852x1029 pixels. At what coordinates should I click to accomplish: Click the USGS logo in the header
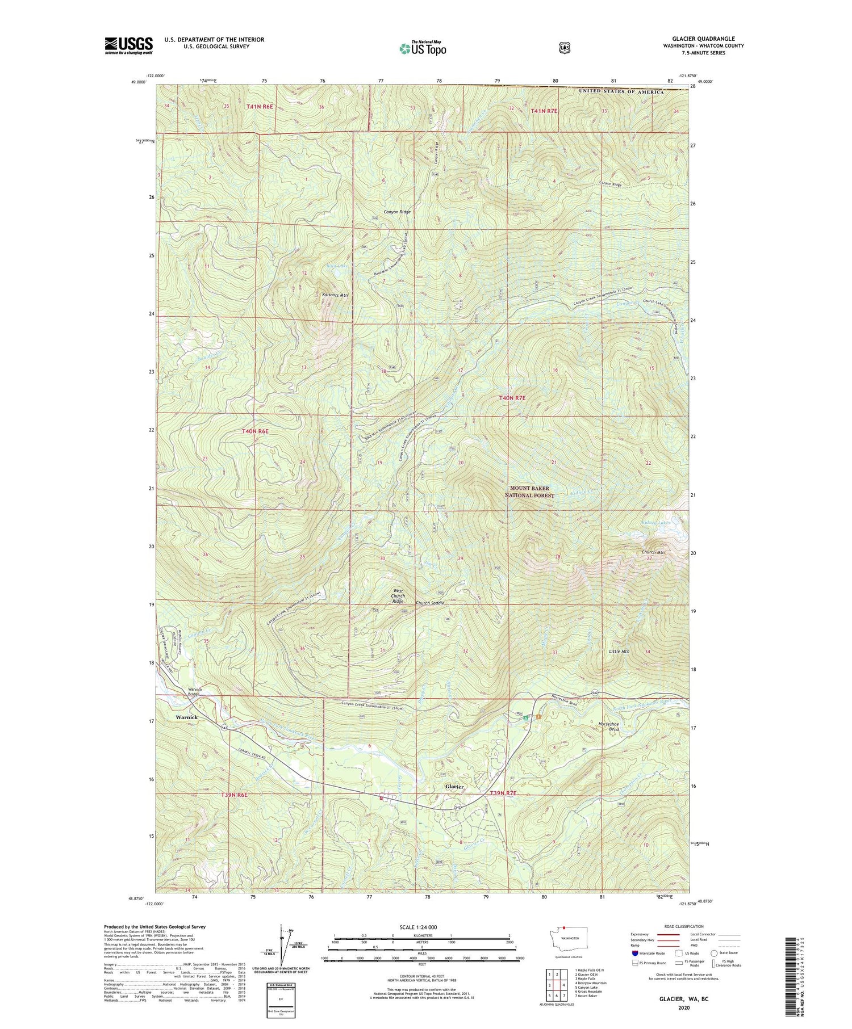tap(129, 45)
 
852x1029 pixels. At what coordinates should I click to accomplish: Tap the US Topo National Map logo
tap(423, 48)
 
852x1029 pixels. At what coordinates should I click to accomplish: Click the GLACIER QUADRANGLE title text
tap(703, 39)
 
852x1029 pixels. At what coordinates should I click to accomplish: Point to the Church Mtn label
tap(653, 552)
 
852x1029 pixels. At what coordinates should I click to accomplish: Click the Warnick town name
tap(186, 717)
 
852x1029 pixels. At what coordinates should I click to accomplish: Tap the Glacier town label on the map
tap(454, 787)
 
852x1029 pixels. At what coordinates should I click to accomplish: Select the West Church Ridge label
tap(398, 596)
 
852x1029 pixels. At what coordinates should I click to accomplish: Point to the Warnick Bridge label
tap(196, 692)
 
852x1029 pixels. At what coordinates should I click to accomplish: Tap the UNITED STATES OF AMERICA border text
tap(621, 92)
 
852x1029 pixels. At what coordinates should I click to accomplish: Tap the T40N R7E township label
tap(512, 398)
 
